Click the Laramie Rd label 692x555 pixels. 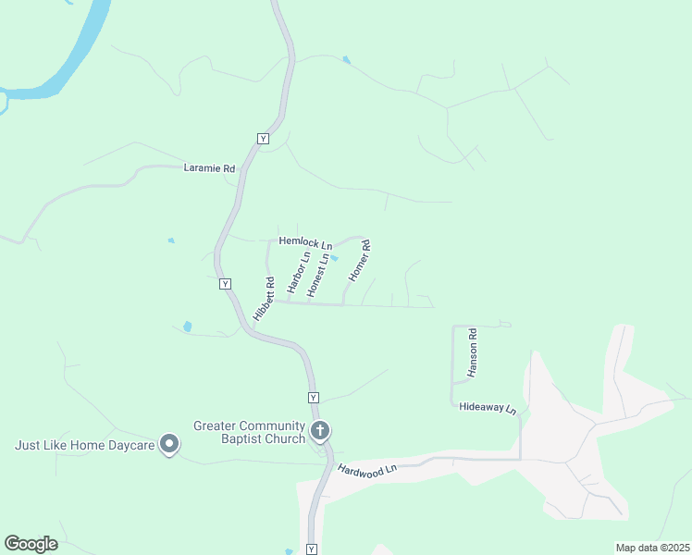point(210,168)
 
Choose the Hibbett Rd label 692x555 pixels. point(264,299)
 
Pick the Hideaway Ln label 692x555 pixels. point(487,407)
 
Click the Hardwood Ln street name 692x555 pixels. point(366,470)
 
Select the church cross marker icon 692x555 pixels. point(320,430)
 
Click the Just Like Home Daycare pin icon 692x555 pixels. point(169,445)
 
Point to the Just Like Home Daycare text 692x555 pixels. point(83,445)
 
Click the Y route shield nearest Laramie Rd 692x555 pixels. point(262,138)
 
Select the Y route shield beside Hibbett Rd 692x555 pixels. point(225,284)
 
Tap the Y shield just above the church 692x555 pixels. point(314,398)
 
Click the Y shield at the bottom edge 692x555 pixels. point(312,549)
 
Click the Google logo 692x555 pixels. point(31,543)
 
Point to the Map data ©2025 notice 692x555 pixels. point(651,548)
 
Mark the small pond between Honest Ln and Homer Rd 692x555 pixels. point(335,259)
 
